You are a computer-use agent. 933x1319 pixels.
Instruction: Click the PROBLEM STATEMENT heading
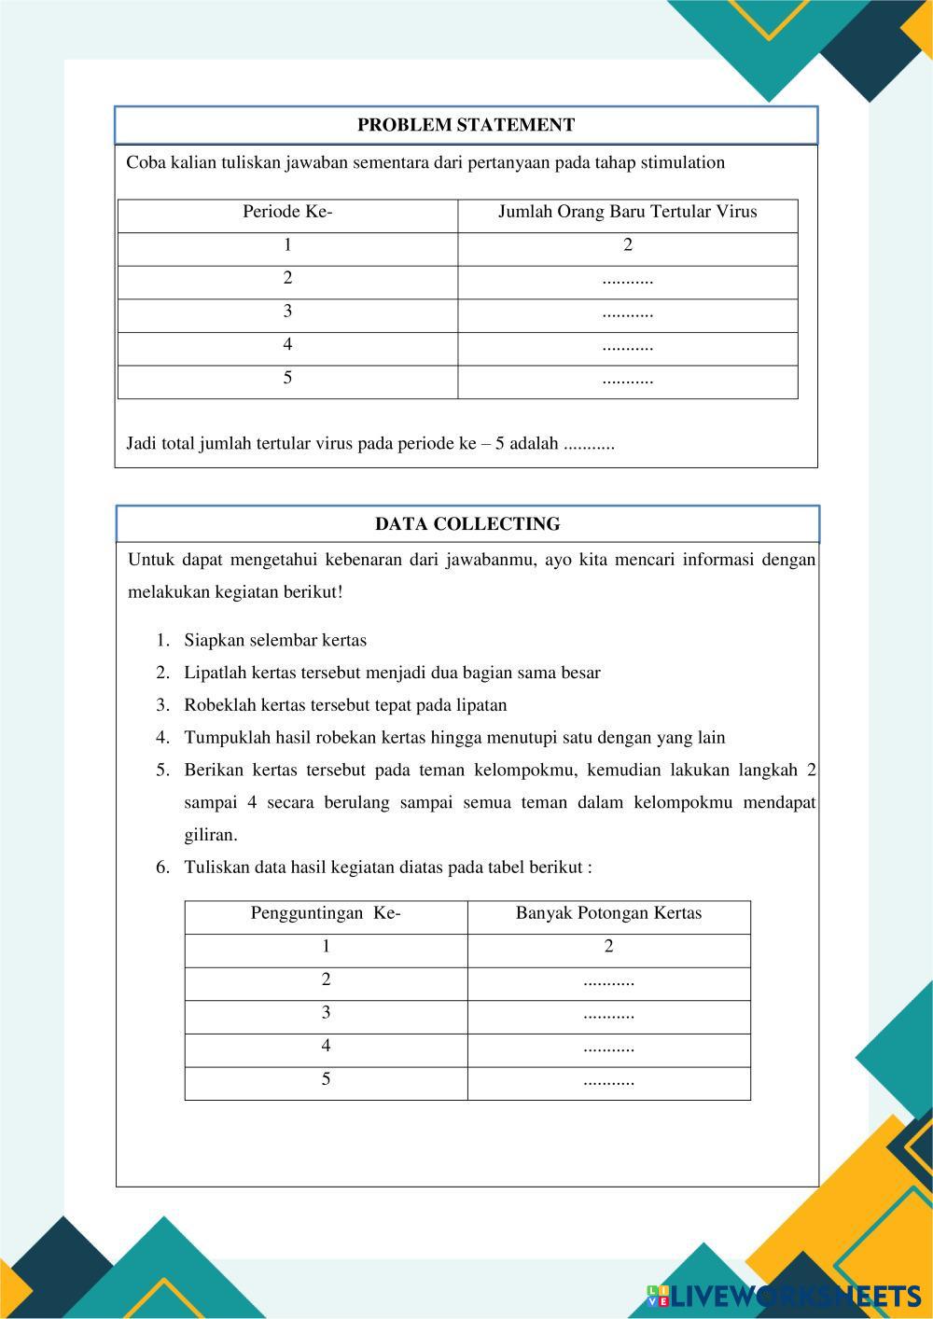[x=466, y=125]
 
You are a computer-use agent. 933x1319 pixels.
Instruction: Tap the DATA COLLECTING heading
[x=467, y=524]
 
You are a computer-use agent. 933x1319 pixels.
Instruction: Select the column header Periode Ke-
[x=287, y=212]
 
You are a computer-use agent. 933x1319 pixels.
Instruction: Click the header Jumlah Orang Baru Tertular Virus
[x=627, y=212]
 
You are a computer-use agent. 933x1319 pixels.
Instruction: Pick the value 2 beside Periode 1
[x=628, y=245]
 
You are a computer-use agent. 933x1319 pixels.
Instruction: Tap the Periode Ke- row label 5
[x=287, y=378]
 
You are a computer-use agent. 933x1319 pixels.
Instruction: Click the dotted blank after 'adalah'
[x=590, y=445]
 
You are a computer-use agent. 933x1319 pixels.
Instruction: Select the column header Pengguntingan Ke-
[x=326, y=913]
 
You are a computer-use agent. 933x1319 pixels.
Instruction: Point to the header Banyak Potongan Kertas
[x=608, y=913]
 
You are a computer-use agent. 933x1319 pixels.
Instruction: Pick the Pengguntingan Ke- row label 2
[x=326, y=979]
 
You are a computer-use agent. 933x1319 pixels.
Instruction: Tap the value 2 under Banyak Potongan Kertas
[x=608, y=947]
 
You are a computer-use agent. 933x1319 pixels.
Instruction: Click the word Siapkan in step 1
[x=213, y=641]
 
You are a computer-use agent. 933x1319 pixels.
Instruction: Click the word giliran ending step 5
[x=210, y=835]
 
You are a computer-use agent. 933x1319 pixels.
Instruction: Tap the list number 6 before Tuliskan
[x=162, y=868]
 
